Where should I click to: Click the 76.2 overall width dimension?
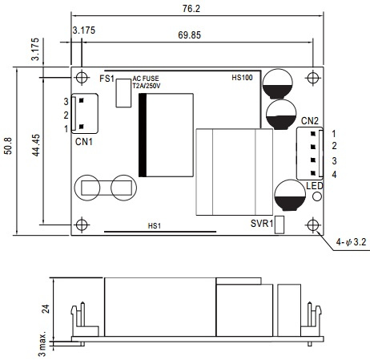click(x=191, y=9)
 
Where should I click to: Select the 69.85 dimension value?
click(x=189, y=35)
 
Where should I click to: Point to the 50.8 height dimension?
click(x=8, y=146)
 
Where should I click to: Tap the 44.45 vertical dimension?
click(x=36, y=145)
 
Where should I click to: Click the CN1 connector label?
click(x=84, y=142)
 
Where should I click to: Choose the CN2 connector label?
click(x=310, y=121)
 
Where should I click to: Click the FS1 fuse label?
click(x=107, y=79)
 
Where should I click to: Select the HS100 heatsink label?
click(x=242, y=78)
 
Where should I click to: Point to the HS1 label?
click(x=155, y=226)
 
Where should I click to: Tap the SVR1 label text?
click(x=262, y=224)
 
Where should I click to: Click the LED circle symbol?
click(x=317, y=196)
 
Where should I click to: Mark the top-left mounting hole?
click(x=82, y=78)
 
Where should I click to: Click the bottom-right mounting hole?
click(x=312, y=224)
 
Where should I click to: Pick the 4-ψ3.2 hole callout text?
click(x=351, y=242)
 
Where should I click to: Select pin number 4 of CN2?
click(x=334, y=175)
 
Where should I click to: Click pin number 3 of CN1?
click(x=66, y=102)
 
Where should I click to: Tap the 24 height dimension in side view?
click(x=46, y=309)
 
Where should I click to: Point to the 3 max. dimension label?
click(x=42, y=344)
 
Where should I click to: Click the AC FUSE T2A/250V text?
click(x=147, y=82)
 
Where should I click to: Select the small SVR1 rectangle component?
click(x=280, y=224)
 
